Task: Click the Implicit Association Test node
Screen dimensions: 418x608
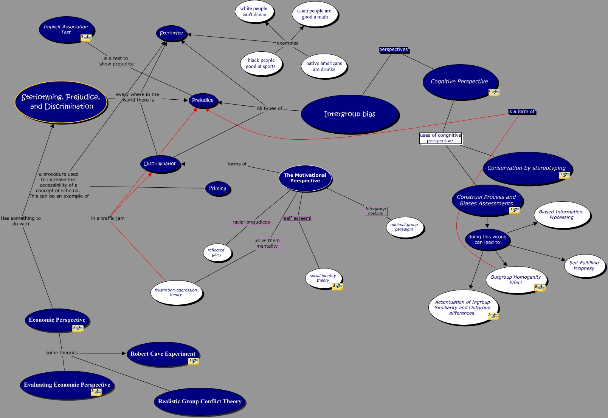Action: [x=66, y=29]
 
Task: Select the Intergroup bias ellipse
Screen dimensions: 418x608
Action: [x=350, y=114]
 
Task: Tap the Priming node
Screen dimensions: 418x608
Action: [x=217, y=188]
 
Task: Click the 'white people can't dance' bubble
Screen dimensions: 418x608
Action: [x=254, y=12]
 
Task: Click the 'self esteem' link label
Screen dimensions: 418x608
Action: [x=297, y=218]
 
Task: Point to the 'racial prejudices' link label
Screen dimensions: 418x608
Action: [x=251, y=222]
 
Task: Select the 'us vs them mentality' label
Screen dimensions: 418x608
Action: [x=267, y=243]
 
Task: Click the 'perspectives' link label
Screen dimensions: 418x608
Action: [x=393, y=49]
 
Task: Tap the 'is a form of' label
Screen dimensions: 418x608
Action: [x=521, y=111]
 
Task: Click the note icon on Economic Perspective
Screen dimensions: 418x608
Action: [x=78, y=329]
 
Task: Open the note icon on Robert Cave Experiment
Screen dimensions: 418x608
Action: [x=193, y=361]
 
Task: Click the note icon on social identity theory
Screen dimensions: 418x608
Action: [x=337, y=286]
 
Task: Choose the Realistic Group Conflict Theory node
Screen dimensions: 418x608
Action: [x=200, y=401]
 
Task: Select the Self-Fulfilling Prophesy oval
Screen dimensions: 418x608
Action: [x=584, y=265]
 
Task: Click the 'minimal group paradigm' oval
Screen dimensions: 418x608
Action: [x=404, y=227]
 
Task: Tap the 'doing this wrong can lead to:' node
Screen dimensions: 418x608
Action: [x=487, y=239]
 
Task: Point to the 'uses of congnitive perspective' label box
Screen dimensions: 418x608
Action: [x=440, y=138]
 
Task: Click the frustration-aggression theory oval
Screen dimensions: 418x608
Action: [x=176, y=292]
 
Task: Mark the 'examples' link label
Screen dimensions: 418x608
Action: [x=287, y=43]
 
